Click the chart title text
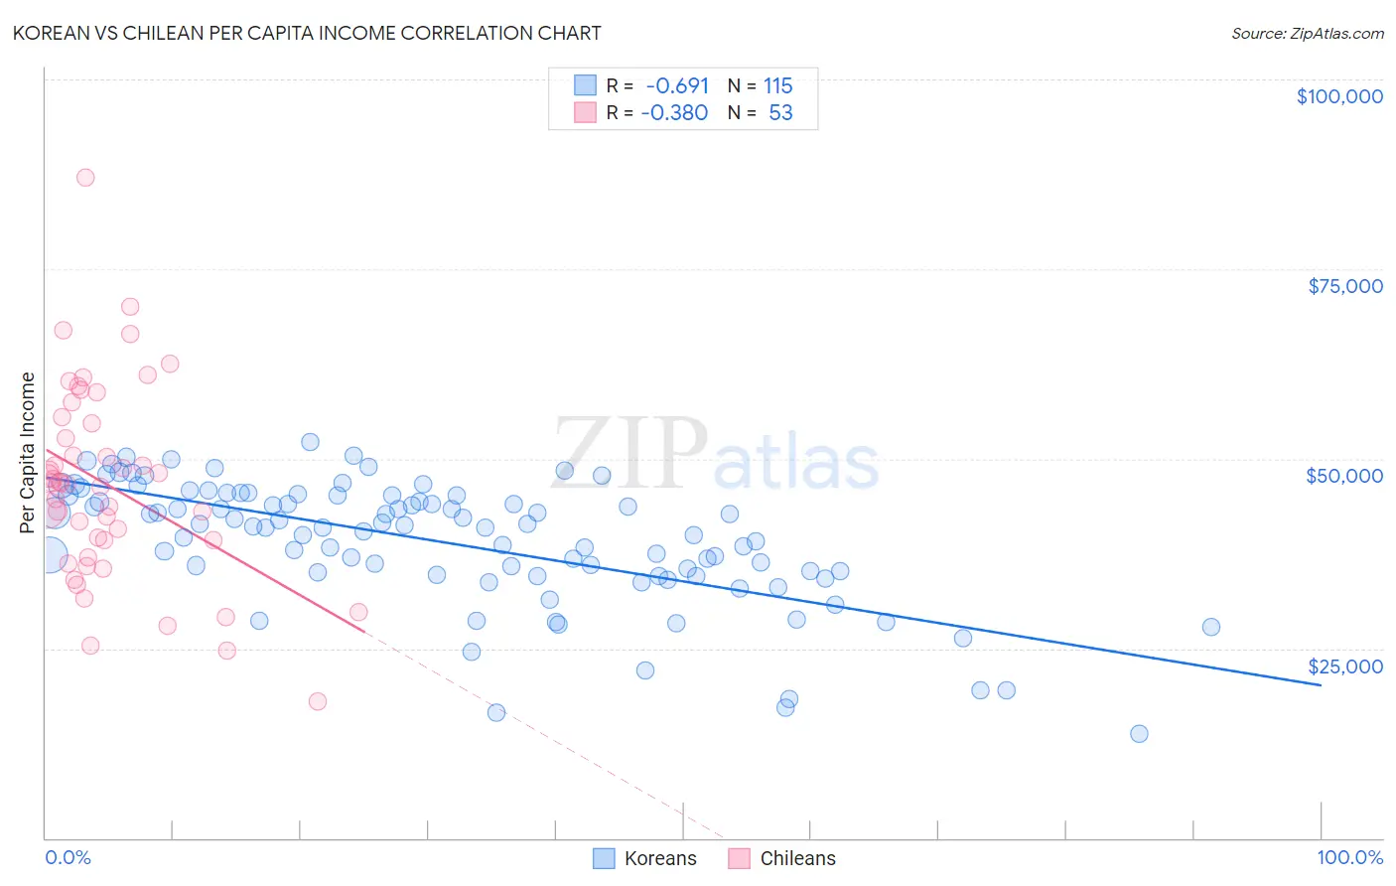(307, 33)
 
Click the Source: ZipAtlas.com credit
(1307, 34)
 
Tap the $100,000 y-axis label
(1338, 96)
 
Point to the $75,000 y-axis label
(1344, 286)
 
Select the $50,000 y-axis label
(1343, 476)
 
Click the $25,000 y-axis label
(1344, 665)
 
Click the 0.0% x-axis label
(68, 857)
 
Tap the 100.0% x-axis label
(1349, 857)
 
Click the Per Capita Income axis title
(27, 452)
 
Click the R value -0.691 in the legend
(676, 86)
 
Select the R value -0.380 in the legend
(674, 112)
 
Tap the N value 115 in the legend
(777, 86)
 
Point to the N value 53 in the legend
(780, 112)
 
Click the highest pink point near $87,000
(85, 178)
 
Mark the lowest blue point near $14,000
(1139, 734)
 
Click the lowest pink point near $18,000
(318, 701)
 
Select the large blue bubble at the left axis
(48, 556)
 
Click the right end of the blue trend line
(1321, 685)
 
